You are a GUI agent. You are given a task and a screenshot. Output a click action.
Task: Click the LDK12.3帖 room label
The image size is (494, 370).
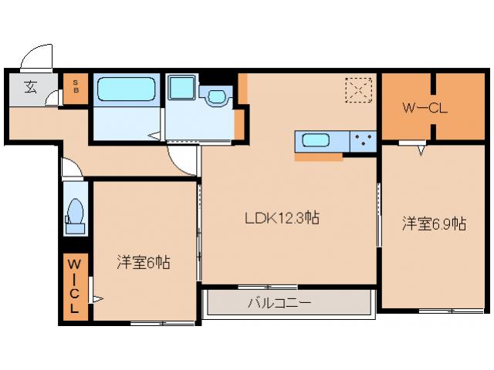(x=282, y=218)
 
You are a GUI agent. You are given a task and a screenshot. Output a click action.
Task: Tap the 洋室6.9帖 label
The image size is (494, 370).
(x=433, y=224)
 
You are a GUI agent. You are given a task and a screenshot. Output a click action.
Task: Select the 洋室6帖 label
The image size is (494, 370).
(x=144, y=262)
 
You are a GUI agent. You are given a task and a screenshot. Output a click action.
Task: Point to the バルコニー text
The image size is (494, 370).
(x=279, y=303)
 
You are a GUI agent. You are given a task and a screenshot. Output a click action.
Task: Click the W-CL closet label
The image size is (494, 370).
(x=425, y=108)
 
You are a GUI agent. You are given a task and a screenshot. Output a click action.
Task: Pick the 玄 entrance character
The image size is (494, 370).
(x=29, y=86)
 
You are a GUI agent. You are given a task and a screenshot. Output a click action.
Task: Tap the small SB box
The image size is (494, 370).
(x=76, y=88)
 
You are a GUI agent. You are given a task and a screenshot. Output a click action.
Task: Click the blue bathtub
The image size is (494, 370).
(x=126, y=90)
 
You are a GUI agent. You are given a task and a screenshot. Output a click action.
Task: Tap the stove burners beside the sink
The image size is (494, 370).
(x=363, y=141)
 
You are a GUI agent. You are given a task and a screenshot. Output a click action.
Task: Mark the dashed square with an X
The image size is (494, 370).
(x=358, y=90)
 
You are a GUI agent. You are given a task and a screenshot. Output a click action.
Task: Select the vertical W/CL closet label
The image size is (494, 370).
(x=75, y=285)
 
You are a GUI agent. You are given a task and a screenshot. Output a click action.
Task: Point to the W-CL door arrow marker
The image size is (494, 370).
(x=422, y=148)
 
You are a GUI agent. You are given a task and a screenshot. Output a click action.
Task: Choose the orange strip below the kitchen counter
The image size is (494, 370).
(x=318, y=157)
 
